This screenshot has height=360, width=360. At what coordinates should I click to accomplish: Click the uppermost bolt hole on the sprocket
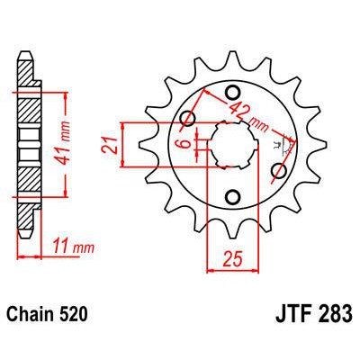(x=232, y=90)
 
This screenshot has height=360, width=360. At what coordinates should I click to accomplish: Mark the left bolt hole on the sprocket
(x=188, y=118)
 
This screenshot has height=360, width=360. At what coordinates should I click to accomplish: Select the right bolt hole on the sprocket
(x=278, y=168)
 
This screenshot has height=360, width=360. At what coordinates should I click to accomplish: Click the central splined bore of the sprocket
(x=232, y=143)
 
